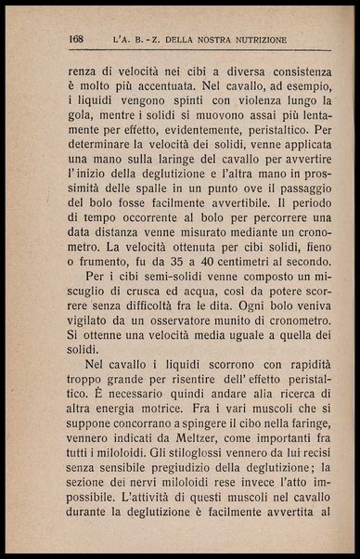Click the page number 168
point(77,40)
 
